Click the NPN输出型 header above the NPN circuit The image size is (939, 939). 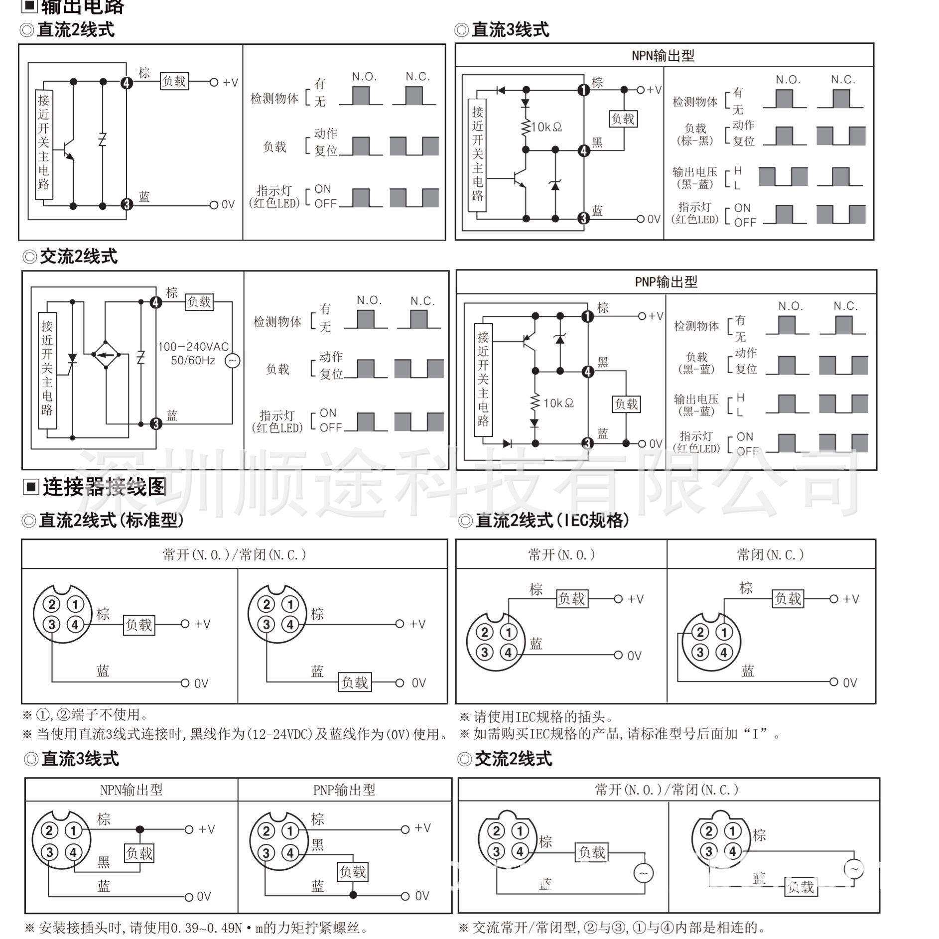click(663, 55)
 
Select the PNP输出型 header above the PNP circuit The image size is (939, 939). click(666, 282)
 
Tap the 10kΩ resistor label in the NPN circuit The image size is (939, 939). click(546, 127)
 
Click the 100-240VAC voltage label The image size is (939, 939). click(193, 347)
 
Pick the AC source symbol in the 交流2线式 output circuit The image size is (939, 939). click(232, 361)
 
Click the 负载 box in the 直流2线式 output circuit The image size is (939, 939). click(174, 81)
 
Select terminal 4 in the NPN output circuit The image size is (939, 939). click(584, 150)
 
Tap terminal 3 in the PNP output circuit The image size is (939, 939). click(588, 443)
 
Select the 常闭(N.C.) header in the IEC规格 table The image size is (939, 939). click(770, 554)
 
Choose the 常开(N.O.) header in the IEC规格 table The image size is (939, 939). click(561, 554)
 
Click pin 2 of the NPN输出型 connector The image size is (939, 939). click(49, 830)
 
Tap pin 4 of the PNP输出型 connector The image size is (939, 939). click(290, 853)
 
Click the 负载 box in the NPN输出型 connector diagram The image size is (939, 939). click(139, 853)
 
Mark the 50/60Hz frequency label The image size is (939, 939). click(193, 361)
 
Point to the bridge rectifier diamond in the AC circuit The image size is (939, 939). click(106, 355)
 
